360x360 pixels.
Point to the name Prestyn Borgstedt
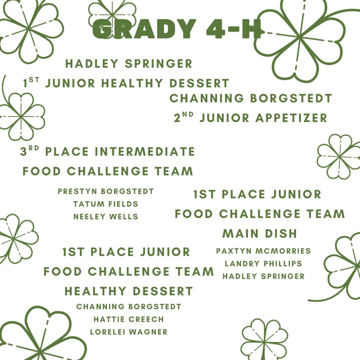106,192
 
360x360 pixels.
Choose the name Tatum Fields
106,204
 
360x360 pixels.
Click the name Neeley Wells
106,217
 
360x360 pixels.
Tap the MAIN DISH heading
260,234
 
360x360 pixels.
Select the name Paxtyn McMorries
264,251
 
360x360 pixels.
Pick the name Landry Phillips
264,264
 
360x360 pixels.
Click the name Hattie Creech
129,319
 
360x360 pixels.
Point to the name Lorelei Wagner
129,332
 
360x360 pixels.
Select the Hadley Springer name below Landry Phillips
264,276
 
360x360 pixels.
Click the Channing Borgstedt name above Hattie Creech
129,307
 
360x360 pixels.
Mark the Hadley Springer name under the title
129,64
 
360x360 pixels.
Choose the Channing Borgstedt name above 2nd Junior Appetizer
251,98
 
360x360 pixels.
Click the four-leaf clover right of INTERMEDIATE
338,156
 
